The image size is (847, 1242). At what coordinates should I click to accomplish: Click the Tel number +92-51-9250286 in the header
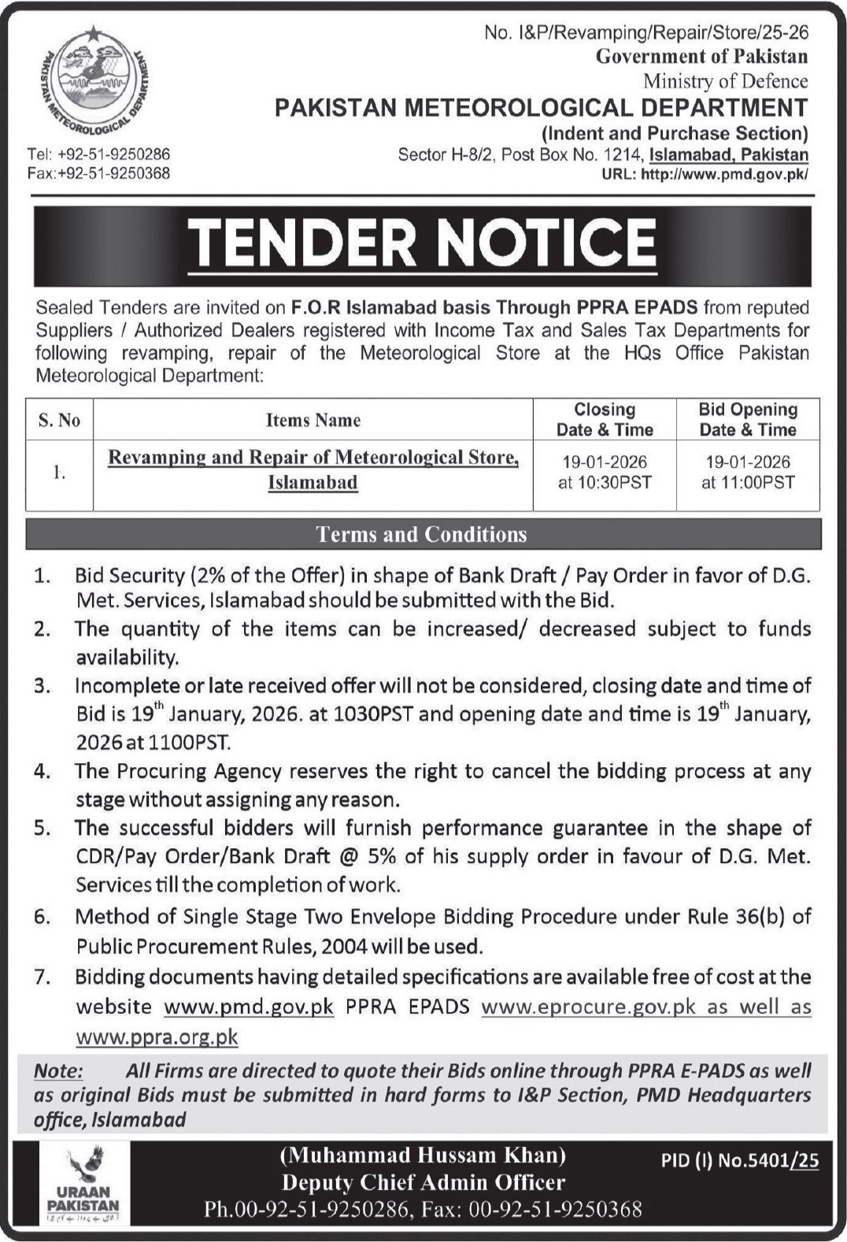[98, 154]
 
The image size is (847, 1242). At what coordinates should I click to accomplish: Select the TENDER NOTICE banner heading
[422, 243]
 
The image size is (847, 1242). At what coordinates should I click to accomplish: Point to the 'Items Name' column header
[313, 421]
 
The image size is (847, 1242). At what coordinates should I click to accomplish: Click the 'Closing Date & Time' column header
[605, 420]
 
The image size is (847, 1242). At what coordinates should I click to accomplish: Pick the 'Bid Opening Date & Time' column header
[748, 420]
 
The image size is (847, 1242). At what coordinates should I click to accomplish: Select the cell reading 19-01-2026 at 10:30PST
[605, 473]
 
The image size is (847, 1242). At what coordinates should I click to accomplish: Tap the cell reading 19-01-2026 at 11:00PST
[748, 473]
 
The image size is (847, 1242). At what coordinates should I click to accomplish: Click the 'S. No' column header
[59, 421]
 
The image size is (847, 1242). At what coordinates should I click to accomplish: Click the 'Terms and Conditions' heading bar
[422, 535]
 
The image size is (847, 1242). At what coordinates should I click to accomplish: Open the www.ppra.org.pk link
[157, 1036]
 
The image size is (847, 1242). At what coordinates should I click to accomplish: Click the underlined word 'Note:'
[57, 1071]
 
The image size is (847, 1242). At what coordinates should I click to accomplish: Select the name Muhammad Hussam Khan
[423, 1155]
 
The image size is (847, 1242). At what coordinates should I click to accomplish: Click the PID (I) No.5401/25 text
[740, 1161]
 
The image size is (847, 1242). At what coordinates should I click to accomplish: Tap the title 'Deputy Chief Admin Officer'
[423, 1182]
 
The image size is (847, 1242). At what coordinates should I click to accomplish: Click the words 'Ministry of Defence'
[725, 81]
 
